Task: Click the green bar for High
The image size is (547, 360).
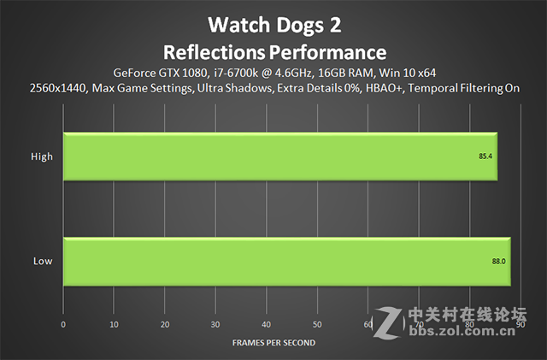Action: coord(280,157)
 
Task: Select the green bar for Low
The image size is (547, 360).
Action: coord(286,260)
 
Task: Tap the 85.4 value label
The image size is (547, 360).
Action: coord(485,157)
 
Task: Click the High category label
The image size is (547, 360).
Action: coord(42,156)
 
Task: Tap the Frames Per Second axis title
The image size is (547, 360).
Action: coord(273,342)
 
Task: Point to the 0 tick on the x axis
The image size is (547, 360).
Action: coord(63,325)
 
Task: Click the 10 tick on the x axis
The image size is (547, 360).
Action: coord(114,325)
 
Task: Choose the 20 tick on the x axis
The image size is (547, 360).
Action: coord(165,325)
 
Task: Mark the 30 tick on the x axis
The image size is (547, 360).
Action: coord(215,325)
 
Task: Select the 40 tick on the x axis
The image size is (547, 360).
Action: coord(267,325)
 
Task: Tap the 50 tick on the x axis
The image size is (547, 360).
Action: coord(317,325)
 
